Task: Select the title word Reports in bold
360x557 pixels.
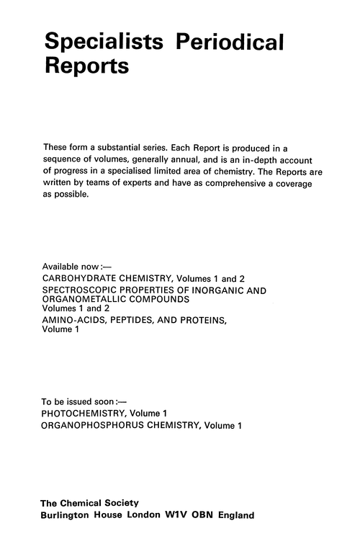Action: [87, 66]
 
